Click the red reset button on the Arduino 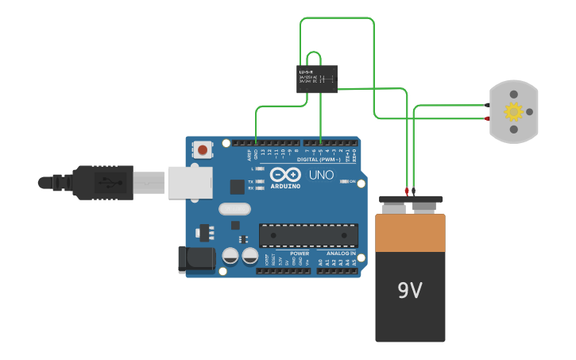coord(203,149)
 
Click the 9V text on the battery coord(410,291)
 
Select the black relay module coord(316,79)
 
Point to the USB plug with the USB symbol coord(107,183)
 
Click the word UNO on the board coord(321,175)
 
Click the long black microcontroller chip coord(308,235)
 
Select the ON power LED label coord(352,182)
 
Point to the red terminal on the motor coord(487,118)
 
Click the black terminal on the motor coord(487,105)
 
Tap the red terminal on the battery coord(407,191)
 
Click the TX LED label coord(251,182)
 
